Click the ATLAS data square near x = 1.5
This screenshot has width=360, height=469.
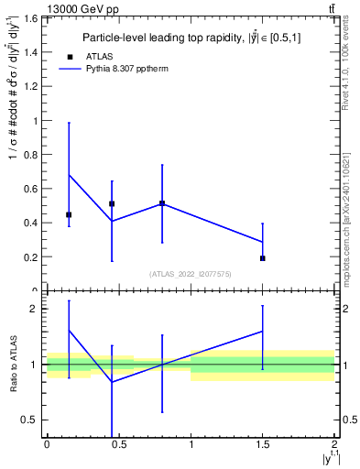[263, 258]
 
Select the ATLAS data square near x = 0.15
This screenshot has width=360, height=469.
[69, 214]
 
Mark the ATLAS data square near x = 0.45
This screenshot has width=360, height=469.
[112, 204]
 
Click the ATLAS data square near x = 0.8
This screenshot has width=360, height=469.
[162, 203]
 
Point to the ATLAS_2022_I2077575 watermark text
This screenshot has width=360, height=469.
[191, 273]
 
